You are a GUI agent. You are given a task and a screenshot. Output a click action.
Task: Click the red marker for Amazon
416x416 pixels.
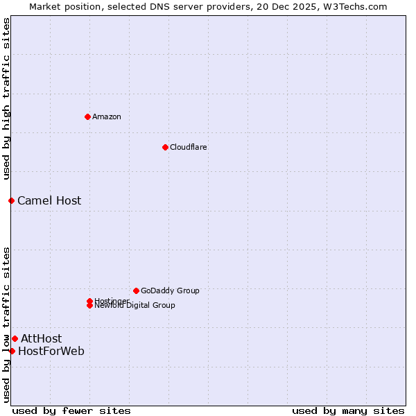87,116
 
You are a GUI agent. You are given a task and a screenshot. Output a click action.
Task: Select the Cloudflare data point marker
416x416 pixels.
165,147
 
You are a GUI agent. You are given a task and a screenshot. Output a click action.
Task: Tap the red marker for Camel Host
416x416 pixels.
11,200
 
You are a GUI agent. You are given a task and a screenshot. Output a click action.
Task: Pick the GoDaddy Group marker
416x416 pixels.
136,291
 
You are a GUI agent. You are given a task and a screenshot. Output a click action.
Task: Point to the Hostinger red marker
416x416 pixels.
89,301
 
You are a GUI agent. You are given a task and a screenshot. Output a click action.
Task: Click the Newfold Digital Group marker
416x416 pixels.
89,306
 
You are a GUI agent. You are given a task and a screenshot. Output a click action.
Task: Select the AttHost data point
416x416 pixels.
15,338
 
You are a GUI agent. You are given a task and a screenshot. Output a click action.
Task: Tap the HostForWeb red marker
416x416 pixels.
12,351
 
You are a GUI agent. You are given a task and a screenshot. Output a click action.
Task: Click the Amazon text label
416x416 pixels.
107,116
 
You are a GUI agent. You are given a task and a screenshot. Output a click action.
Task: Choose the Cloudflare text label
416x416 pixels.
189,147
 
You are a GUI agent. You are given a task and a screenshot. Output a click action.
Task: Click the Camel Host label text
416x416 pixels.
49,200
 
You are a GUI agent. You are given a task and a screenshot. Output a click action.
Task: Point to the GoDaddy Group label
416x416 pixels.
170,291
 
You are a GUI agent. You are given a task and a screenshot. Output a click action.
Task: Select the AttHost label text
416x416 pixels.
41,338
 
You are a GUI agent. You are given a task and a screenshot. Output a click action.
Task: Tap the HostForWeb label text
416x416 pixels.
51,351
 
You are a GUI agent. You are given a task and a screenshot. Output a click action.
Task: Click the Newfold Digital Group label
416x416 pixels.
135,306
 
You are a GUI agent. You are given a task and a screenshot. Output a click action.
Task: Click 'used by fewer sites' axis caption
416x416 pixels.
71,410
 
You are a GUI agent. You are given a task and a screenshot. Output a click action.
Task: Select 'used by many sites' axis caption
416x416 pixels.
348,410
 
